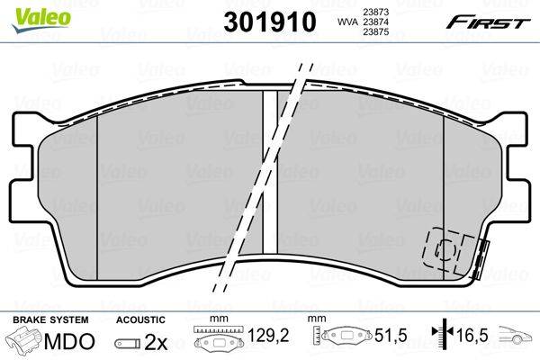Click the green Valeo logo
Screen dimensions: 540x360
coord(41,19)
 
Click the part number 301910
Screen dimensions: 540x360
coord(270,22)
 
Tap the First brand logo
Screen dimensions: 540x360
coord(489,22)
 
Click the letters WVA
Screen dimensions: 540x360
coord(346,22)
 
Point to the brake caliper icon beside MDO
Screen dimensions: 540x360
coord(24,340)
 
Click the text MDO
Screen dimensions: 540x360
coord(69,342)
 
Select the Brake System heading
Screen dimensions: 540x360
coord(50,319)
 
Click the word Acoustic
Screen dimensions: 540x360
coord(140,319)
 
